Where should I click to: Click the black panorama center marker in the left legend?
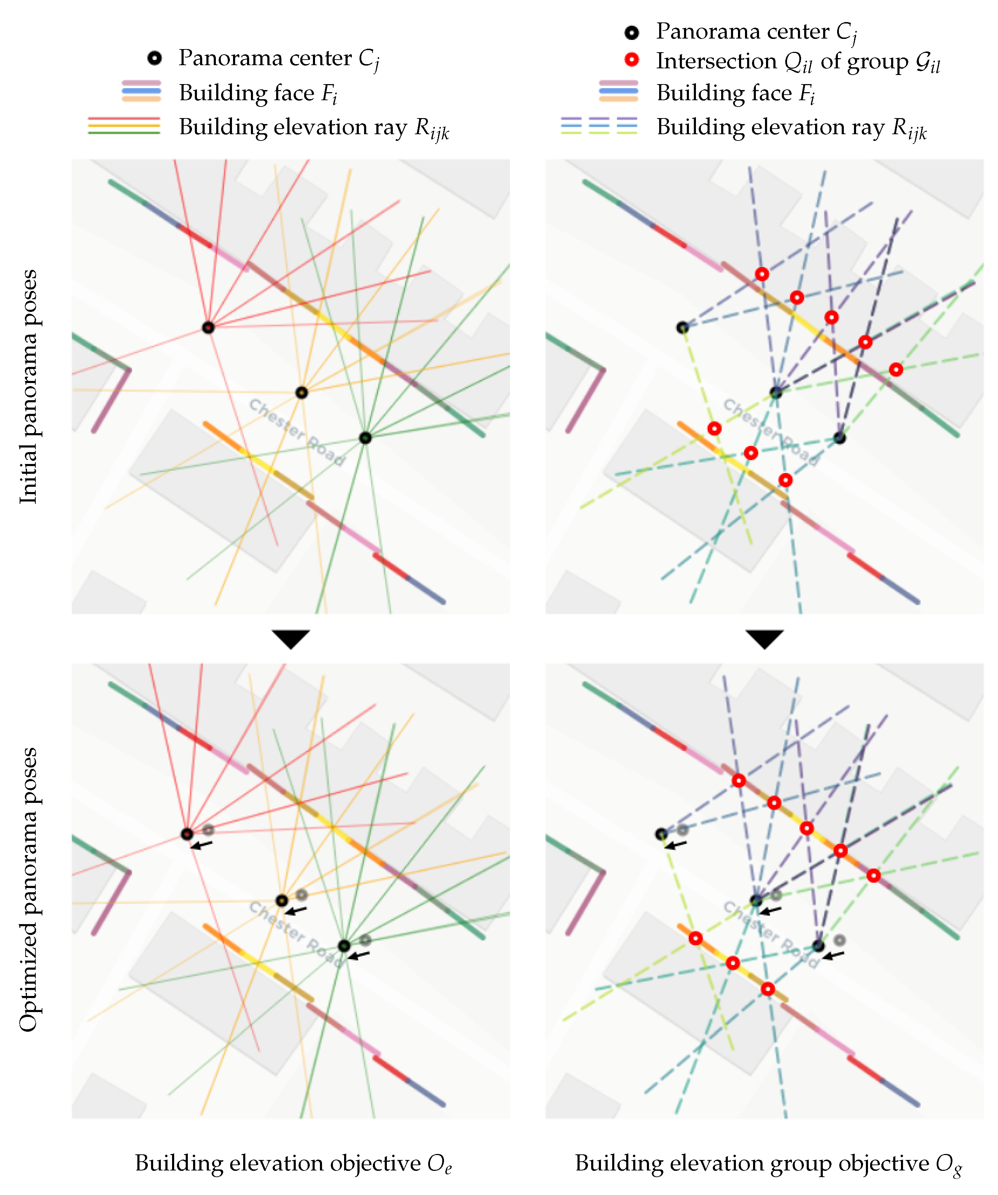click(154, 58)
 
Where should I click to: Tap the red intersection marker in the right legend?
click(631, 60)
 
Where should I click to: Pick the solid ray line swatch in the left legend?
click(124, 125)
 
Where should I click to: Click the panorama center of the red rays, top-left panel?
click(208, 328)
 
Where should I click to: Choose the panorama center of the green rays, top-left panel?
click(365, 438)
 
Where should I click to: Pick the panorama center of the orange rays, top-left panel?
click(302, 392)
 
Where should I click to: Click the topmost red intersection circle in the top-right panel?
click(762, 274)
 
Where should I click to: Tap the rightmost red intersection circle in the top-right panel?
click(896, 370)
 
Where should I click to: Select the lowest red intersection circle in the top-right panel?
click(785, 480)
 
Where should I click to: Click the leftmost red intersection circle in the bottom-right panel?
click(695, 938)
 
